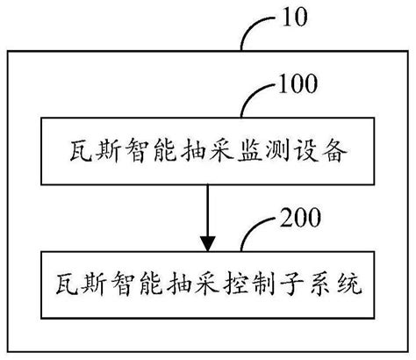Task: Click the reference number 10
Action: [x=295, y=18]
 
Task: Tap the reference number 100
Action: [x=298, y=84]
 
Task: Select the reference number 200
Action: [x=300, y=218]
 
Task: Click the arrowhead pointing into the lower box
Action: [x=208, y=243]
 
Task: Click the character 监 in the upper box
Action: [x=249, y=151]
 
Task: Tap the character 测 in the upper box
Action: [x=278, y=151]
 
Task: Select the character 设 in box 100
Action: [x=306, y=151]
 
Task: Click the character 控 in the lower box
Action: [x=235, y=284]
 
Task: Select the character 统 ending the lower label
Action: [x=349, y=284]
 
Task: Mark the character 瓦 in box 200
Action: [x=67, y=284]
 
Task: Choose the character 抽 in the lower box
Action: [x=179, y=284]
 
